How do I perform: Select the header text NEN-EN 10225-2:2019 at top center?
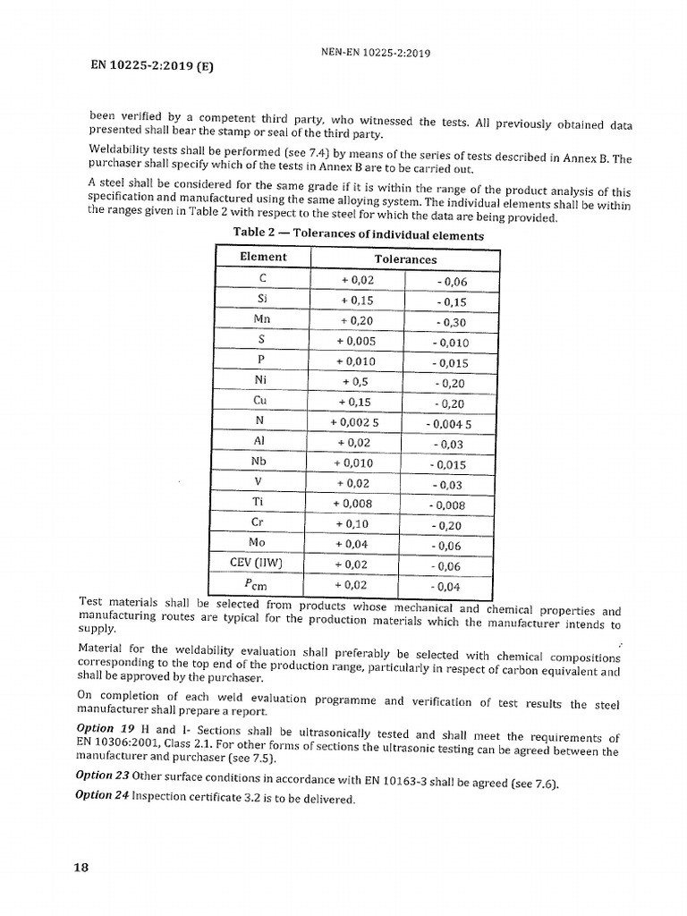coord(376,53)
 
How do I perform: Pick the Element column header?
coord(264,258)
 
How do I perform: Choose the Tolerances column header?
coord(405,259)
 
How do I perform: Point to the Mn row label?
coord(262,319)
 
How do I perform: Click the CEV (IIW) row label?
coord(262,562)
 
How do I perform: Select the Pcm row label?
coord(262,584)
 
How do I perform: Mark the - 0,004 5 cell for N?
coord(449,424)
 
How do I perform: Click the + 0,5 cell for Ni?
coord(356,381)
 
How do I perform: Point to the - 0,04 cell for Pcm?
coord(449,587)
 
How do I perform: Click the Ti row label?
coord(262,502)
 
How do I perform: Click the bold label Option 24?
coord(103,795)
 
